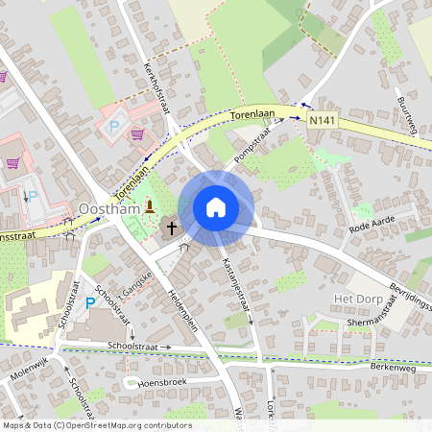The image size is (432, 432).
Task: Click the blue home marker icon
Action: [x=215, y=207]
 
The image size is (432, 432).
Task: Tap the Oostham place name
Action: [x=109, y=207]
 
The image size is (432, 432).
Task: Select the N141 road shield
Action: [x=323, y=120]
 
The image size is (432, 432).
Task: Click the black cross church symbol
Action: [x=172, y=228]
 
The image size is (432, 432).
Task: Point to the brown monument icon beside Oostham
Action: [x=150, y=205]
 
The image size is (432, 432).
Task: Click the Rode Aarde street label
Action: [x=373, y=227]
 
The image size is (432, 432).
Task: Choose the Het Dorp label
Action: [x=357, y=300]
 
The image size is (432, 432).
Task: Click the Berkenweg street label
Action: [x=395, y=367]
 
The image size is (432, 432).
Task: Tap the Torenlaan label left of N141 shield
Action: [x=252, y=114]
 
